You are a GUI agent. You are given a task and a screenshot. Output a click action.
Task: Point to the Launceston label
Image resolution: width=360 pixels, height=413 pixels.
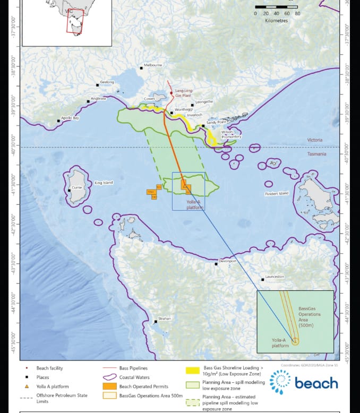(x=275, y=277)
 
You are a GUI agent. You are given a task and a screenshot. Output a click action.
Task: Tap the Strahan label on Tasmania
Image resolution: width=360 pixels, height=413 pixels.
(x=165, y=318)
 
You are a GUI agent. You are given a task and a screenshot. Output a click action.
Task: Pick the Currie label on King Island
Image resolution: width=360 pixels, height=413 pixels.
(x=77, y=187)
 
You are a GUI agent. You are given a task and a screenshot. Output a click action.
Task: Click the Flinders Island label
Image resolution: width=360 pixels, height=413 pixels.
(x=277, y=193)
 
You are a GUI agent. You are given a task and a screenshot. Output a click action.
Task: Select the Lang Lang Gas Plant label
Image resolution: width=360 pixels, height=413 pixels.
(x=186, y=93)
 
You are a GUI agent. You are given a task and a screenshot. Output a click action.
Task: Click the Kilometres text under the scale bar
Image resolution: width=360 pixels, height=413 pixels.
(x=276, y=21)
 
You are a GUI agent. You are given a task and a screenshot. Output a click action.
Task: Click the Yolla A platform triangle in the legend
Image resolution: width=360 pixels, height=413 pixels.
(x=27, y=387)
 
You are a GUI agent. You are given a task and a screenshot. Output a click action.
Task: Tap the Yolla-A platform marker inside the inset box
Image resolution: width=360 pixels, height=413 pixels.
(x=295, y=341)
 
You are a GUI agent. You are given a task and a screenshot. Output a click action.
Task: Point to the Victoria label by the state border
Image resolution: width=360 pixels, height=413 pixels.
(x=329, y=140)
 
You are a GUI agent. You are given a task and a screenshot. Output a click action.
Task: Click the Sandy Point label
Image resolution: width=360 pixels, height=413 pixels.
(x=216, y=122)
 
